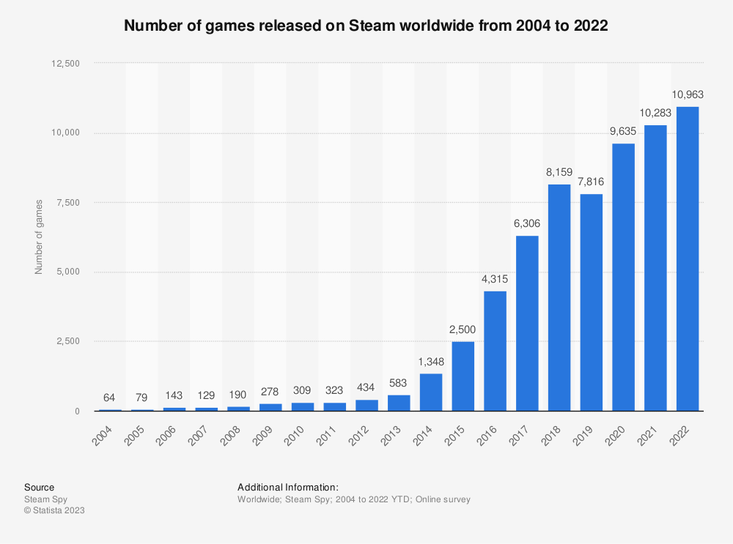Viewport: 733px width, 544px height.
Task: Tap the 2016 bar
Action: pyautogui.click(x=496, y=351)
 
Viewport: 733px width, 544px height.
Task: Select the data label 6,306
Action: pyautogui.click(x=527, y=223)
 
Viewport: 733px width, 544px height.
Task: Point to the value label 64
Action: pyautogui.click(x=110, y=398)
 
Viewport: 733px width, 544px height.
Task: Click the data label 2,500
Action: pyautogui.click(x=463, y=329)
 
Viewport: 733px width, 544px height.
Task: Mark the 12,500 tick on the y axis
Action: pyautogui.click(x=65, y=63)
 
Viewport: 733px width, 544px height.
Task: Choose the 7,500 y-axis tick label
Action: pyautogui.click(x=68, y=202)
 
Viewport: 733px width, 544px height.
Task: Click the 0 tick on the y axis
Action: pyautogui.click(x=76, y=411)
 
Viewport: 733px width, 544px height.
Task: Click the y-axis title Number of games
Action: pyautogui.click(x=39, y=237)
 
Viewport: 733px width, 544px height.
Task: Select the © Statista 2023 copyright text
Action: pyautogui.click(x=54, y=510)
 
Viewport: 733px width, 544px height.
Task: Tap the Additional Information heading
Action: pyautogui.click(x=287, y=487)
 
